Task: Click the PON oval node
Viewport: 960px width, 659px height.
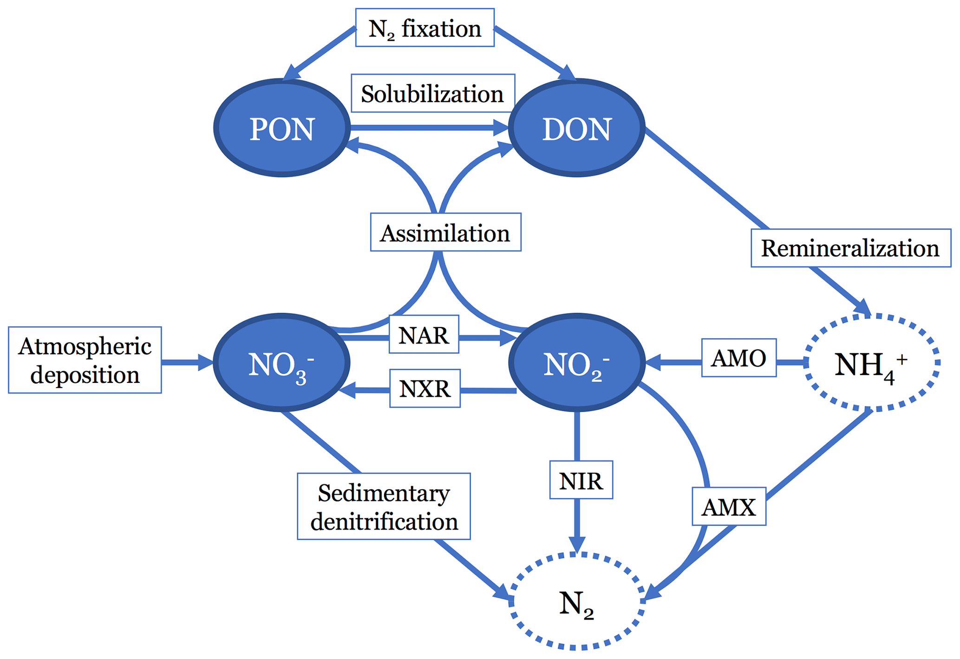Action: (282, 128)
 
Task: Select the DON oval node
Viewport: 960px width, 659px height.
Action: (576, 128)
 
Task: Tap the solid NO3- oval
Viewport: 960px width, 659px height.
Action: (281, 363)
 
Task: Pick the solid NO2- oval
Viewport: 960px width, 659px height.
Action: (576, 363)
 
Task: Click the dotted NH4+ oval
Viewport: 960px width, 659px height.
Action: (872, 363)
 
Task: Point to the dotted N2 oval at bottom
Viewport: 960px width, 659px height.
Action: (576, 601)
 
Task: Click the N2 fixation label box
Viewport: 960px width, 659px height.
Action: (424, 28)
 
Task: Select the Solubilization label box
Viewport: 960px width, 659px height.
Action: (433, 93)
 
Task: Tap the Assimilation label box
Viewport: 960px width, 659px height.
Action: (445, 233)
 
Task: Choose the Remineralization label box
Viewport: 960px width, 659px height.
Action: (850, 248)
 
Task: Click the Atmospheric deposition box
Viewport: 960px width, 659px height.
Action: (85, 360)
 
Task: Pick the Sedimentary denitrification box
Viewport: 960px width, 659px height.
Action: (384, 506)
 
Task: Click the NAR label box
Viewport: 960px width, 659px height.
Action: (424, 335)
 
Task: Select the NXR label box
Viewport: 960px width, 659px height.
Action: (424, 388)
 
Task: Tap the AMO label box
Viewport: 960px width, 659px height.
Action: (738, 358)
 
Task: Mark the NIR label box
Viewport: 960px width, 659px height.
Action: (581, 480)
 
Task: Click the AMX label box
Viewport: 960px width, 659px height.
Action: (729, 506)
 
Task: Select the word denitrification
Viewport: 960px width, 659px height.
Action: (384, 521)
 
